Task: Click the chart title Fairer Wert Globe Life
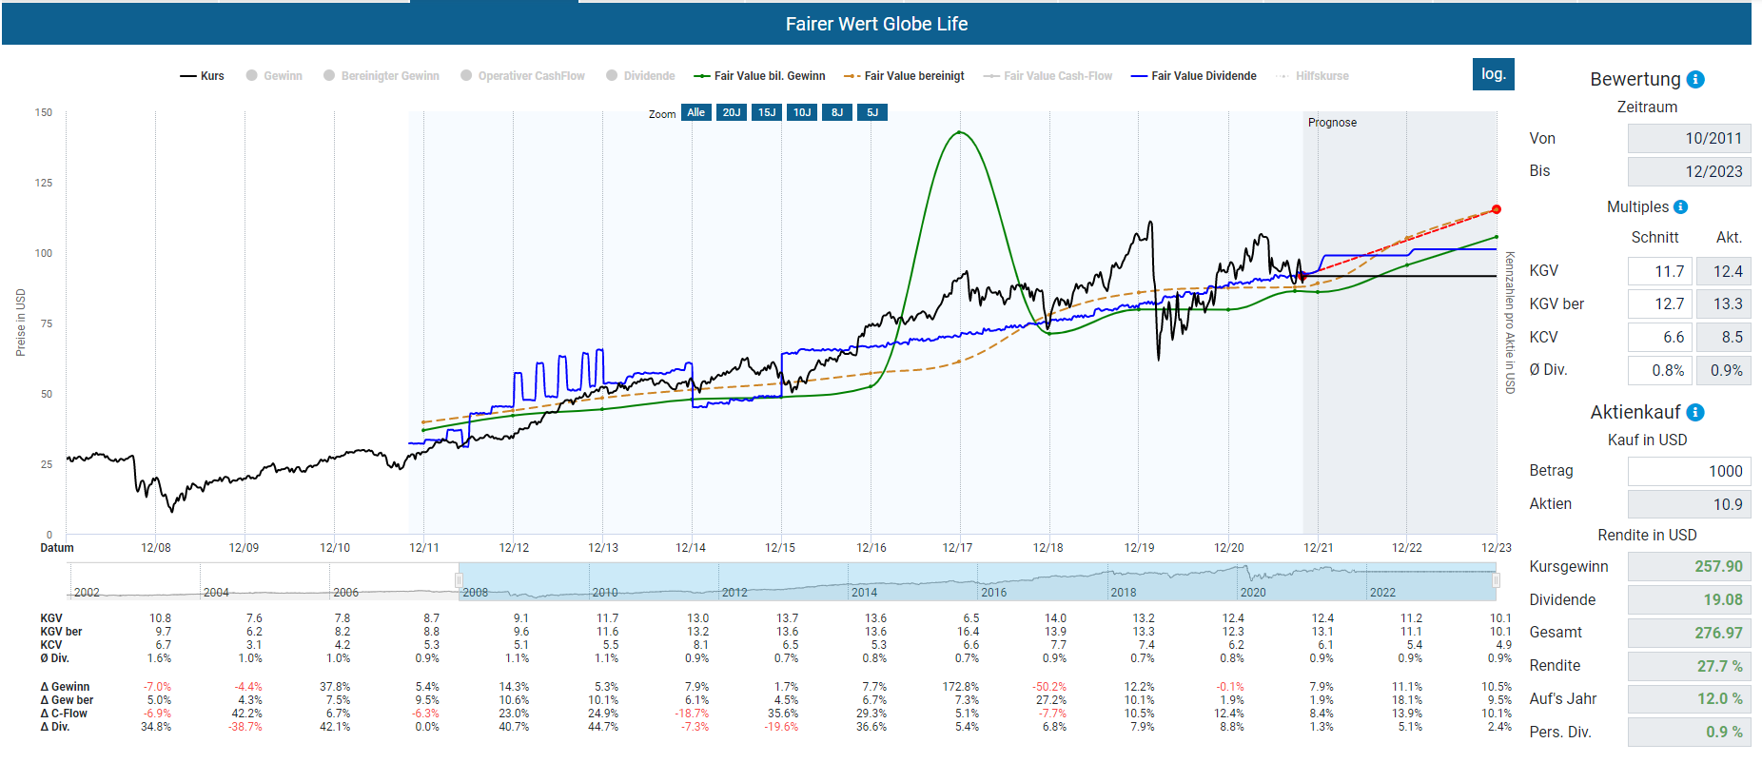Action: click(876, 24)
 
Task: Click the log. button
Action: click(1493, 74)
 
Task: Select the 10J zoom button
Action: click(802, 112)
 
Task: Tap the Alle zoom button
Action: click(696, 112)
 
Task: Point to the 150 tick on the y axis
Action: click(44, 112)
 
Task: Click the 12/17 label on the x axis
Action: click(957, 548)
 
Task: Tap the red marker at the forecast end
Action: click(1496, 209)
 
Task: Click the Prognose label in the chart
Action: click(1332, 123)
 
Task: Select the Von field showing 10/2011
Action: click(1689, 138)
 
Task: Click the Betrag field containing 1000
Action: click(1689, 471)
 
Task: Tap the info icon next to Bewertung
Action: click(1695, 80)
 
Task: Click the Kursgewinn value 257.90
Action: click(1689, 567)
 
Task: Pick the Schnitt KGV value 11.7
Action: click(1656, 272)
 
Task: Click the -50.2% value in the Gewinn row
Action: click(1048, 687)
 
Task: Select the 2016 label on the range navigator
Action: click(994, 592)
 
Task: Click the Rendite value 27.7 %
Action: click(1689, 666)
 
